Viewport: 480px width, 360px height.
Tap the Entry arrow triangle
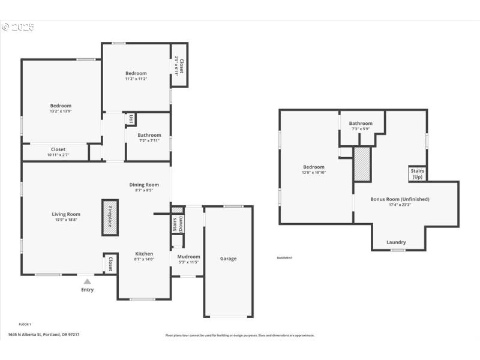(x=88, y=281)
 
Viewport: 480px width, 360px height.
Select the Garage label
(x=228, y=259)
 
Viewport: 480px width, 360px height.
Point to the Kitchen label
(x=144, y=254)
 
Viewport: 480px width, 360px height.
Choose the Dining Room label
(x=144, y=185)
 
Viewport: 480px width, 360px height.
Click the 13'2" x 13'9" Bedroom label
(x=61, y=112)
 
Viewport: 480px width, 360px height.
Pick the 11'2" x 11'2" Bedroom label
(x=136, y=79)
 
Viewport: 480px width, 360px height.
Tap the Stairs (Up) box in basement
(x=417, y=174)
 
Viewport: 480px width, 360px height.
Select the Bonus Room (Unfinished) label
(x=400, y=199)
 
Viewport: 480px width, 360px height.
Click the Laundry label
(x=396, y=242)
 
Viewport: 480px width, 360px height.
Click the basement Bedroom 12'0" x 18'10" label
(x=313, y=170)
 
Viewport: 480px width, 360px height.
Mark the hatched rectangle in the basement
(x=361, y=164)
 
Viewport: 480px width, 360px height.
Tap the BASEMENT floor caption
(x=284, y=258)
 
